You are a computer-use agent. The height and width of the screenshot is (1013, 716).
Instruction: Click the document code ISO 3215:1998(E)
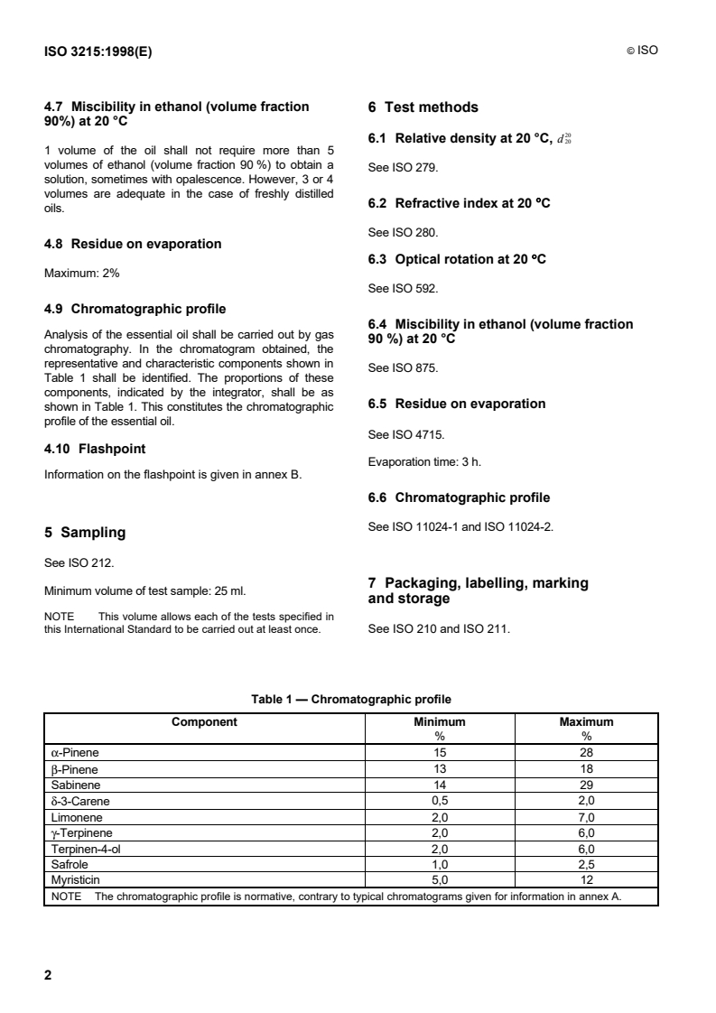(98, 51)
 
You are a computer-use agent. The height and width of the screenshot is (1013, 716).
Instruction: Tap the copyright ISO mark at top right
(642, 51)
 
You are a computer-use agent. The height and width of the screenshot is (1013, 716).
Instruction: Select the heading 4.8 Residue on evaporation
(133, 244)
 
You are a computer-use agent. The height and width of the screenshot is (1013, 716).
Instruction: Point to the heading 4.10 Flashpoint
(95, 448)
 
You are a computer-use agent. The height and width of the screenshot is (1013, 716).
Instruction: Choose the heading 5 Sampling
(85, 533)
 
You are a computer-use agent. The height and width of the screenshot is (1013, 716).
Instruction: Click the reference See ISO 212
(79, 562)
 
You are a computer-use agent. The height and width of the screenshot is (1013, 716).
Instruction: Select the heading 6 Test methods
(423, 107)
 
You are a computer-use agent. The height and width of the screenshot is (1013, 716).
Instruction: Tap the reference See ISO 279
(404, 168)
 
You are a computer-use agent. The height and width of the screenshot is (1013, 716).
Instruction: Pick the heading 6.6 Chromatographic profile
(459, 497)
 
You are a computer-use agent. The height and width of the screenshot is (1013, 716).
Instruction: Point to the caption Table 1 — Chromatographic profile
(351, 699)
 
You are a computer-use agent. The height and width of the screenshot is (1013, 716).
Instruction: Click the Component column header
(204, 722)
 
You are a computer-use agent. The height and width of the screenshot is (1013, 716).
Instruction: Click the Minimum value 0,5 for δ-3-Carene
(440, 800)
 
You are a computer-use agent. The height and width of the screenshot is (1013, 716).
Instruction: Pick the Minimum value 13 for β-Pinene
(440, 769)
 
